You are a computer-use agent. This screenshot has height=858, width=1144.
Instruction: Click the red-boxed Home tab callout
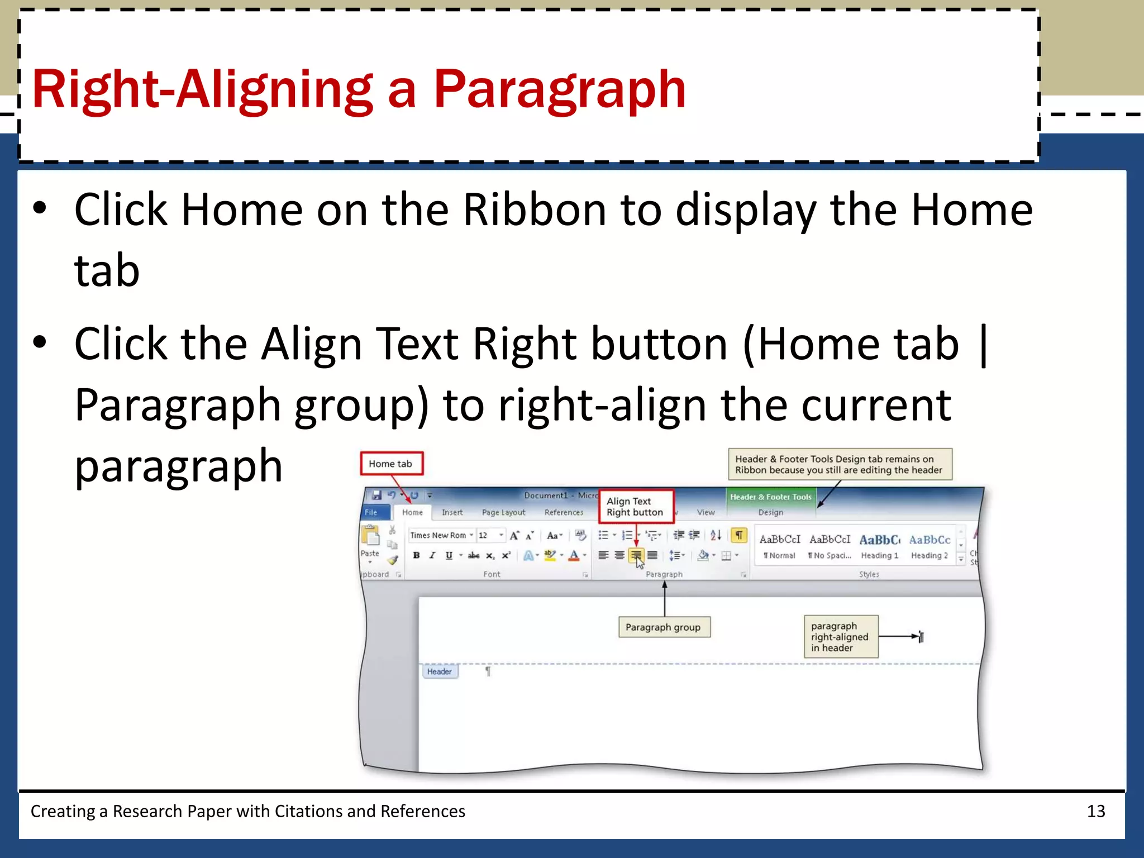(391, 464)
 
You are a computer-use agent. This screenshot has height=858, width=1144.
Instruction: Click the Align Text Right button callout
(636, 507)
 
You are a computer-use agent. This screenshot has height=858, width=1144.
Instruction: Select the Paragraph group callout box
(664, 627)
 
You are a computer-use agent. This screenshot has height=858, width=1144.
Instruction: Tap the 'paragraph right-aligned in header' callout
(840, 637)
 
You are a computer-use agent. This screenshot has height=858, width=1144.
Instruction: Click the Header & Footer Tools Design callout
(839, 464)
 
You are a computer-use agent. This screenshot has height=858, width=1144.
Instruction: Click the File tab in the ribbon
(371, 512)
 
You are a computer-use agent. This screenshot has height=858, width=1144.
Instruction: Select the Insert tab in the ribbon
(452, 512)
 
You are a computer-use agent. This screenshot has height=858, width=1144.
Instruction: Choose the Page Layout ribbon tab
(503, 512)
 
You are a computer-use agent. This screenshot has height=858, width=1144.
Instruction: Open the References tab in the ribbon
(564, 512)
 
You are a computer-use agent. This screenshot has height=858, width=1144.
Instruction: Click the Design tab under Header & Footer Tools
(770, 512)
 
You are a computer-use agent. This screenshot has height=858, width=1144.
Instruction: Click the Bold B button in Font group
(416, 555)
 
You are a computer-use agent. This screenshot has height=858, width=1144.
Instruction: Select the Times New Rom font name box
(439, 535)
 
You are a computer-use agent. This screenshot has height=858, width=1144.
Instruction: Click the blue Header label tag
(440, 671)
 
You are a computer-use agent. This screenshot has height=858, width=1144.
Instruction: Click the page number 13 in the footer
(1095, 811)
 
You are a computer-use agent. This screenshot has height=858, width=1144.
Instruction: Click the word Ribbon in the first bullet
(534, 210)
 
